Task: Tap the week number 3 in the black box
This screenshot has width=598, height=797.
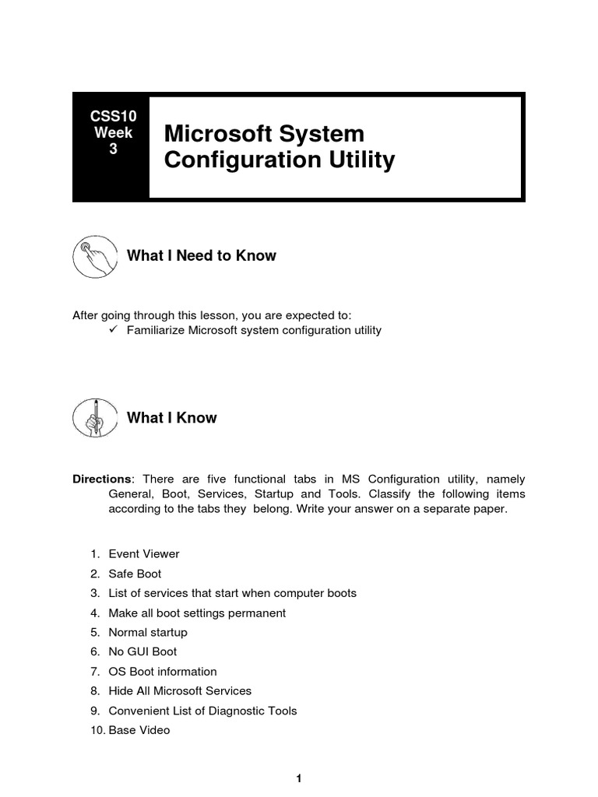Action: (113, 149)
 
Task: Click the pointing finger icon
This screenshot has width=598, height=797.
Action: (92, 257)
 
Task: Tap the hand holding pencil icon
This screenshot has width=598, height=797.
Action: (92, 419)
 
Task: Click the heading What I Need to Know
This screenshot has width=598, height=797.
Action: (201, 256)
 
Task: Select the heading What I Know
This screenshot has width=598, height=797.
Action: (171, 418)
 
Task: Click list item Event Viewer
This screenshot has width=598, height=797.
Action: (143, 554)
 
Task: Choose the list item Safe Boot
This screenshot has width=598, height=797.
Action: (135, 574)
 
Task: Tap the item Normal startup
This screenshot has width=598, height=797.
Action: (147, 632)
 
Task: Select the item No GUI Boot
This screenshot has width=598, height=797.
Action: (142, 651)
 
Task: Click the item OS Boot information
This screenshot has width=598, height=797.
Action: (162, 672)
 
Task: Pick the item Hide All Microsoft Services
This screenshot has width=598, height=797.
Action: (180, 691)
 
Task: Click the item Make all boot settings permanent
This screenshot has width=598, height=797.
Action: (196, 613)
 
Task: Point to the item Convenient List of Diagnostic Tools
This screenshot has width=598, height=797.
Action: (202, 711)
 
